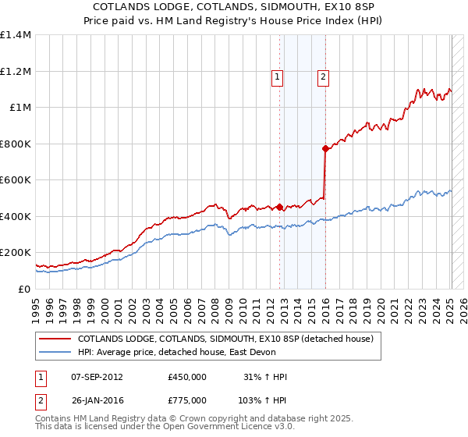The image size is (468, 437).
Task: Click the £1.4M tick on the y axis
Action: (16, 35)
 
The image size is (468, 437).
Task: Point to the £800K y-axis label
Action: (16, 144)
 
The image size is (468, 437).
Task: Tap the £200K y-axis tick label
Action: (16, 253)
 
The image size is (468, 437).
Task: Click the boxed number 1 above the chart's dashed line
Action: (278, 76)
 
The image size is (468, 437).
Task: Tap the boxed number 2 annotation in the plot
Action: (323, 76)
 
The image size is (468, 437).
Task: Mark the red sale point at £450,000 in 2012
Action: (279, 208)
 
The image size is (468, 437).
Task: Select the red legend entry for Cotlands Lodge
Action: (225, 339)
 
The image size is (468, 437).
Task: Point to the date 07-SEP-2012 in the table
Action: (97, 377)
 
